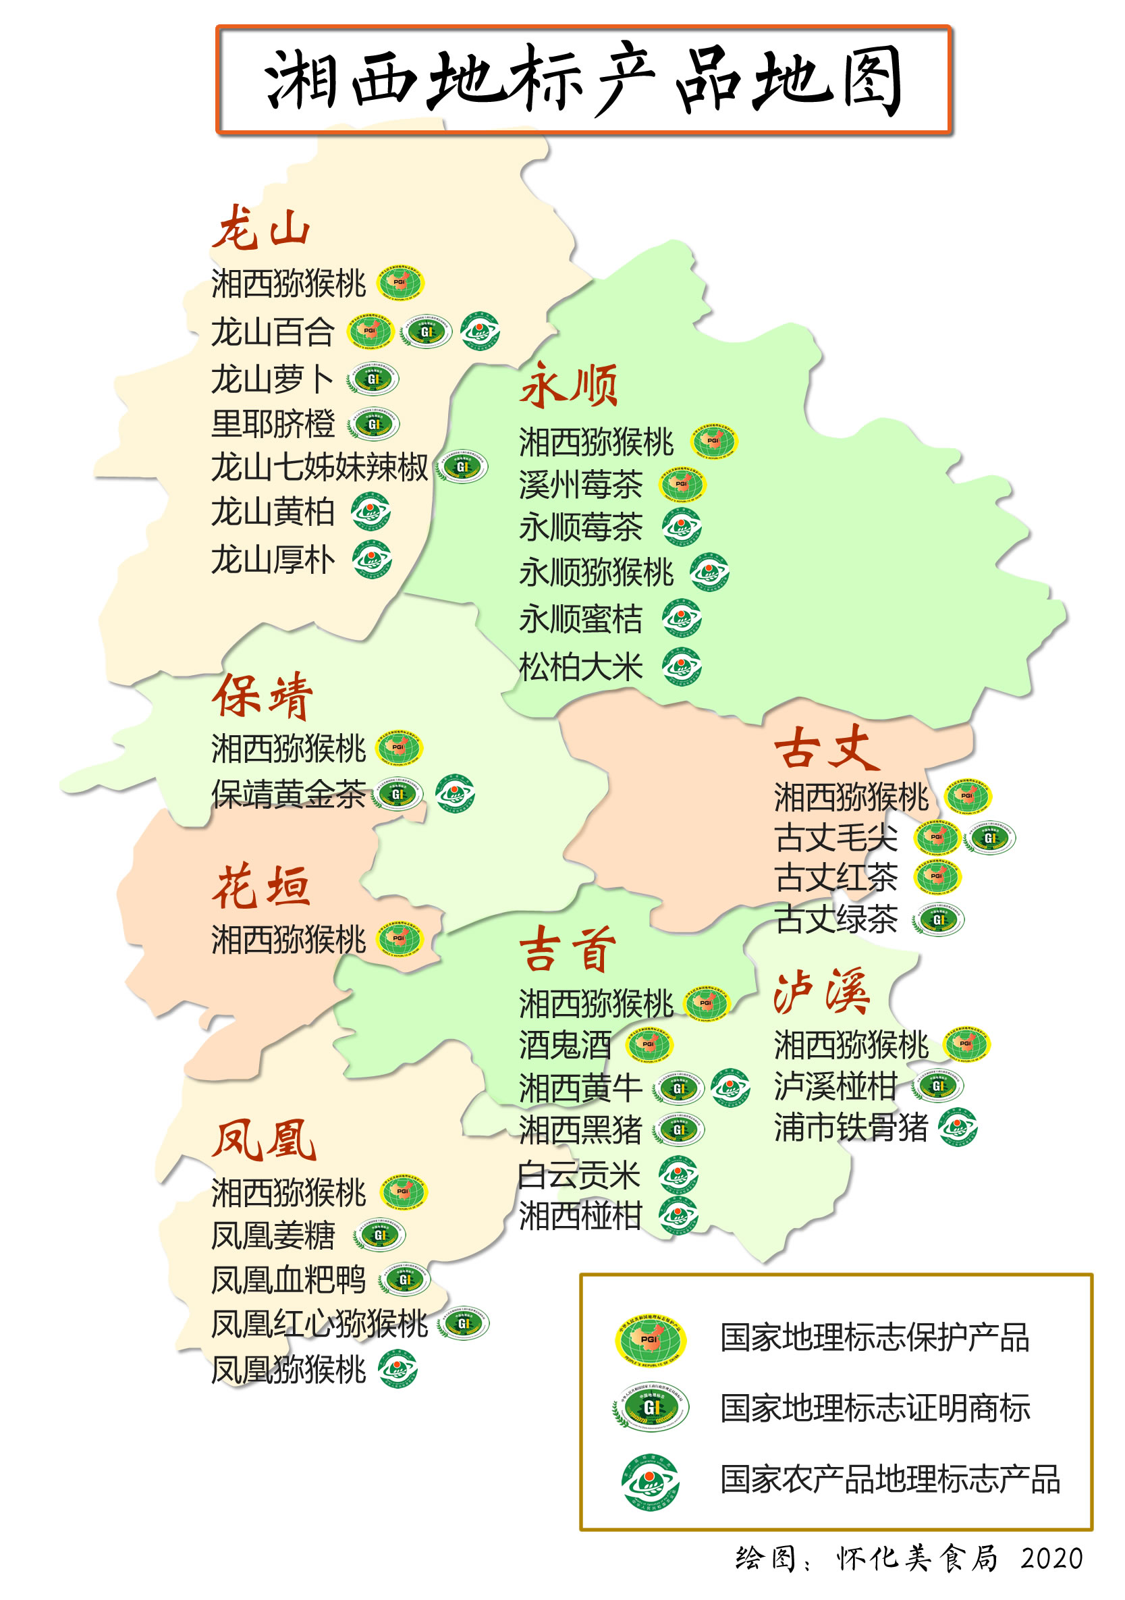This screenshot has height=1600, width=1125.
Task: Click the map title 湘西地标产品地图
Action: (x=583, y=80)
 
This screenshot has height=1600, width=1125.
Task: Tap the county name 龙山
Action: (x=260, y=229)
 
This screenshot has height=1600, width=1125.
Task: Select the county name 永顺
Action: (x=568, y=385)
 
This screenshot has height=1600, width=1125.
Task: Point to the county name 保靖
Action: (x=262, y=695)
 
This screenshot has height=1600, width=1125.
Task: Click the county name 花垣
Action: (x=260, y=886)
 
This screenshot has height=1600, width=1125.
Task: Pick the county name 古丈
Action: (x=826, y=747)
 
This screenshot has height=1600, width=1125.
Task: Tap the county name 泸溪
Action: (x=822, y=991)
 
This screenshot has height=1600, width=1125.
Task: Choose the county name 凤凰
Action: (x=263, y=1141)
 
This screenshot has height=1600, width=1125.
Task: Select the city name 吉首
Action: (x=567, y=949)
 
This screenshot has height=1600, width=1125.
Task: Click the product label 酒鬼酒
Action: (x=564, y=1044)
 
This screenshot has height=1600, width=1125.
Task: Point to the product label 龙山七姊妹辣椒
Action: (x=319, y=467)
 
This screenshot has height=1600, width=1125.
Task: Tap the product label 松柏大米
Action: (x=580, y=667)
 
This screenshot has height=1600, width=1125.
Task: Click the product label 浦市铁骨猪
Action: (x=850, y=1127)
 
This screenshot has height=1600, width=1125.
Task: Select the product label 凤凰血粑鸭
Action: (x=287, y=1279)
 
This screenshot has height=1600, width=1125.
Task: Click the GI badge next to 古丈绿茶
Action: (x=938, y=920)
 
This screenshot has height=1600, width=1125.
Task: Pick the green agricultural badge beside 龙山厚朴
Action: (x=371, y=560)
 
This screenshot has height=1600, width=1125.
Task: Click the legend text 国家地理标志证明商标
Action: (x=874, y=1408)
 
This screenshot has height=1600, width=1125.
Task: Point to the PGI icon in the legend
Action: (x=649, y=1338)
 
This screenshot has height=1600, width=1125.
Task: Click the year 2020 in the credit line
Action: (x=1051, y=1558)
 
